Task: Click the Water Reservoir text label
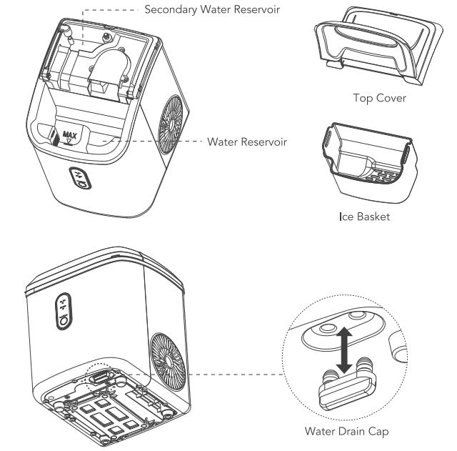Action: (x=247, y=142)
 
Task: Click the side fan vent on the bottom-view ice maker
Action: (x=168, y=352)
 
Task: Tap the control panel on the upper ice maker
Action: (x=79, y=179)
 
